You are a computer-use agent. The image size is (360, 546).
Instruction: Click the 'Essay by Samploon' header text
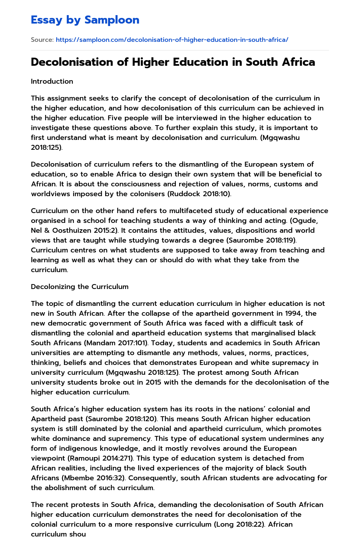(x=85, y=20)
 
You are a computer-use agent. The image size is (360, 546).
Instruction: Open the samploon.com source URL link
(x=172, y=40)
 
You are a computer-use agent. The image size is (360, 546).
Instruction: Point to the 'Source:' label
(x=42, y=40)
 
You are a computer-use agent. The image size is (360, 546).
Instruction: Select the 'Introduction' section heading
(x=52, y=81)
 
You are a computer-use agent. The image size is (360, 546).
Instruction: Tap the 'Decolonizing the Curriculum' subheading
(x=79, y=287)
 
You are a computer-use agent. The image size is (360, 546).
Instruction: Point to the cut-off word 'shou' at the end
(x=78, y=534)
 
